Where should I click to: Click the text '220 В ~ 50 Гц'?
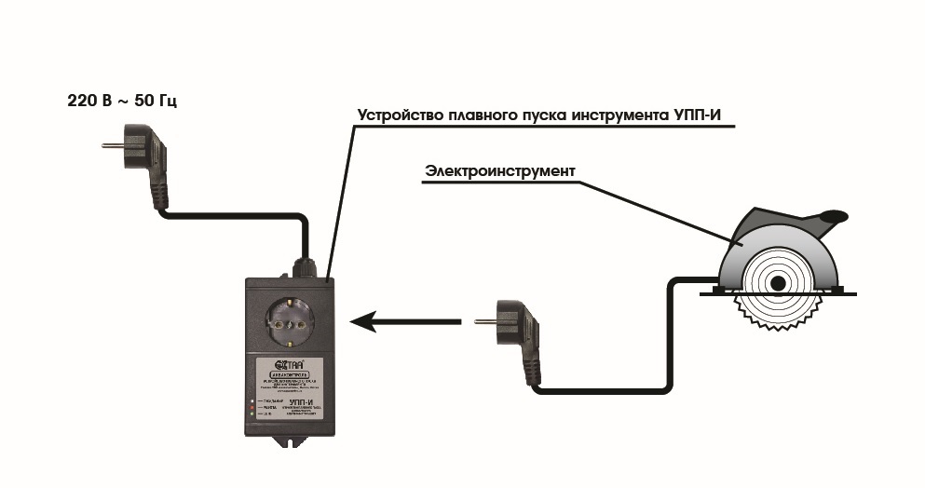click(x=122, y=99)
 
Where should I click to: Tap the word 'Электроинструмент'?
click(x=500, y=171)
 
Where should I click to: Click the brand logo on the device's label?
click(x=284, y=365)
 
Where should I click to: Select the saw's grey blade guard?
click(x=745, y=244)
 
